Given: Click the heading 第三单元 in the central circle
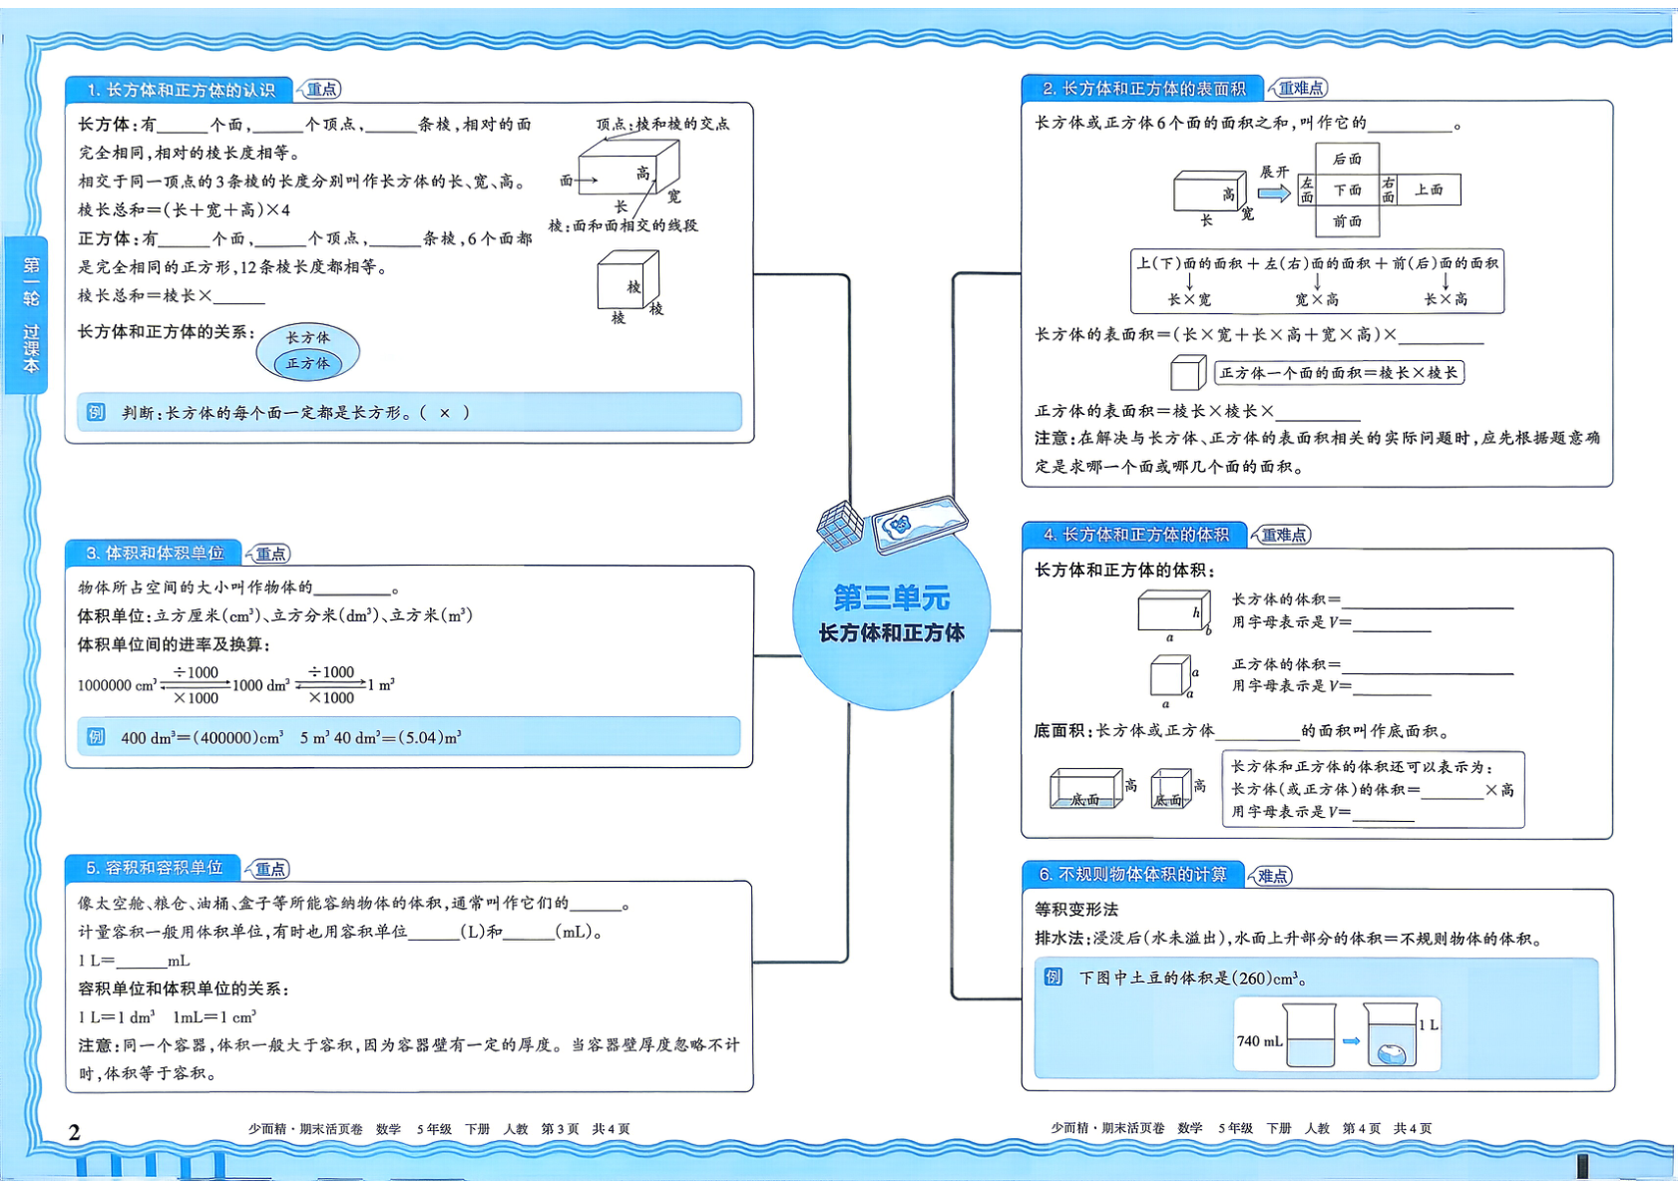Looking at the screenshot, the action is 892,597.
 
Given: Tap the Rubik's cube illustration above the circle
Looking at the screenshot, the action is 840,525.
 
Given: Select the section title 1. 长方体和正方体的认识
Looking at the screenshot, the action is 181,90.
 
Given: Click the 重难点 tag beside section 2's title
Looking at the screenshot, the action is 1299,89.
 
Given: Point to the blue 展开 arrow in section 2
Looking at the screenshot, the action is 1273,194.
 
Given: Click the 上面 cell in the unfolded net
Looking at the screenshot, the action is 1428,190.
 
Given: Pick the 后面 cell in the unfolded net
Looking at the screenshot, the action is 1347,159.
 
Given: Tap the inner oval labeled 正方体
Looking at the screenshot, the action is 308,364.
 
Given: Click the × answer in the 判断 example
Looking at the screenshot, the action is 445,413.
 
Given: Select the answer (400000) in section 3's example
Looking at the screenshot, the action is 226,738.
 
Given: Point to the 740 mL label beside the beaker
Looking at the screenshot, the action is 1259,1041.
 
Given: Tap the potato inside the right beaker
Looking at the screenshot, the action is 1392,1053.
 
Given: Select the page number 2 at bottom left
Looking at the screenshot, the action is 74,1131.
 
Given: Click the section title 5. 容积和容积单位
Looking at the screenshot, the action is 155,868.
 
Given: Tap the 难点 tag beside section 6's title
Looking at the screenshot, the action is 1271,876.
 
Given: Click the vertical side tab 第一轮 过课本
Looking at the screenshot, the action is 29,314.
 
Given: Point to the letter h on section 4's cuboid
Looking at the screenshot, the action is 1195,612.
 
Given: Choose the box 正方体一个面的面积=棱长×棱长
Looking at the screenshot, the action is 1339,372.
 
